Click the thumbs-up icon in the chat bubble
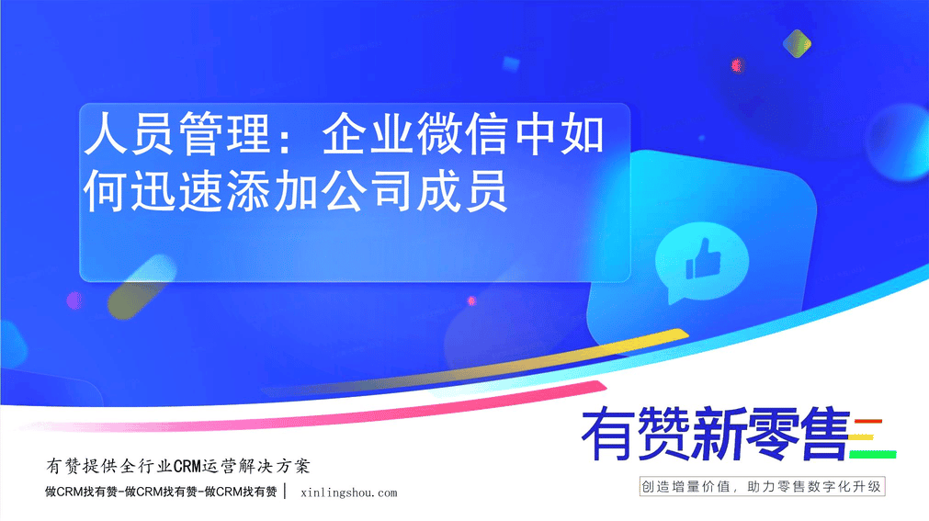[703, 258]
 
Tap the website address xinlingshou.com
[349, 493]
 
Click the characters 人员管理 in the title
[177, 134]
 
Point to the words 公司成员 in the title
[414, 191]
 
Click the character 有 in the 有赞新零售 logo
[607, 434]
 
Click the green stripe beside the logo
[873, 455]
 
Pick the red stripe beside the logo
[868, 422]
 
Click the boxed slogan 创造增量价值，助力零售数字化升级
[762, 487]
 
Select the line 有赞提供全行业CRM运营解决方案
[177, 467]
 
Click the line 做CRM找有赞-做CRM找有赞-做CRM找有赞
[161, 492]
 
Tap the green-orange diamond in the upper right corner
[797, 43]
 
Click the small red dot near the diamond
[736, 64]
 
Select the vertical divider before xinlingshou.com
[285, 491]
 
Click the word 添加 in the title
[273, 191]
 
